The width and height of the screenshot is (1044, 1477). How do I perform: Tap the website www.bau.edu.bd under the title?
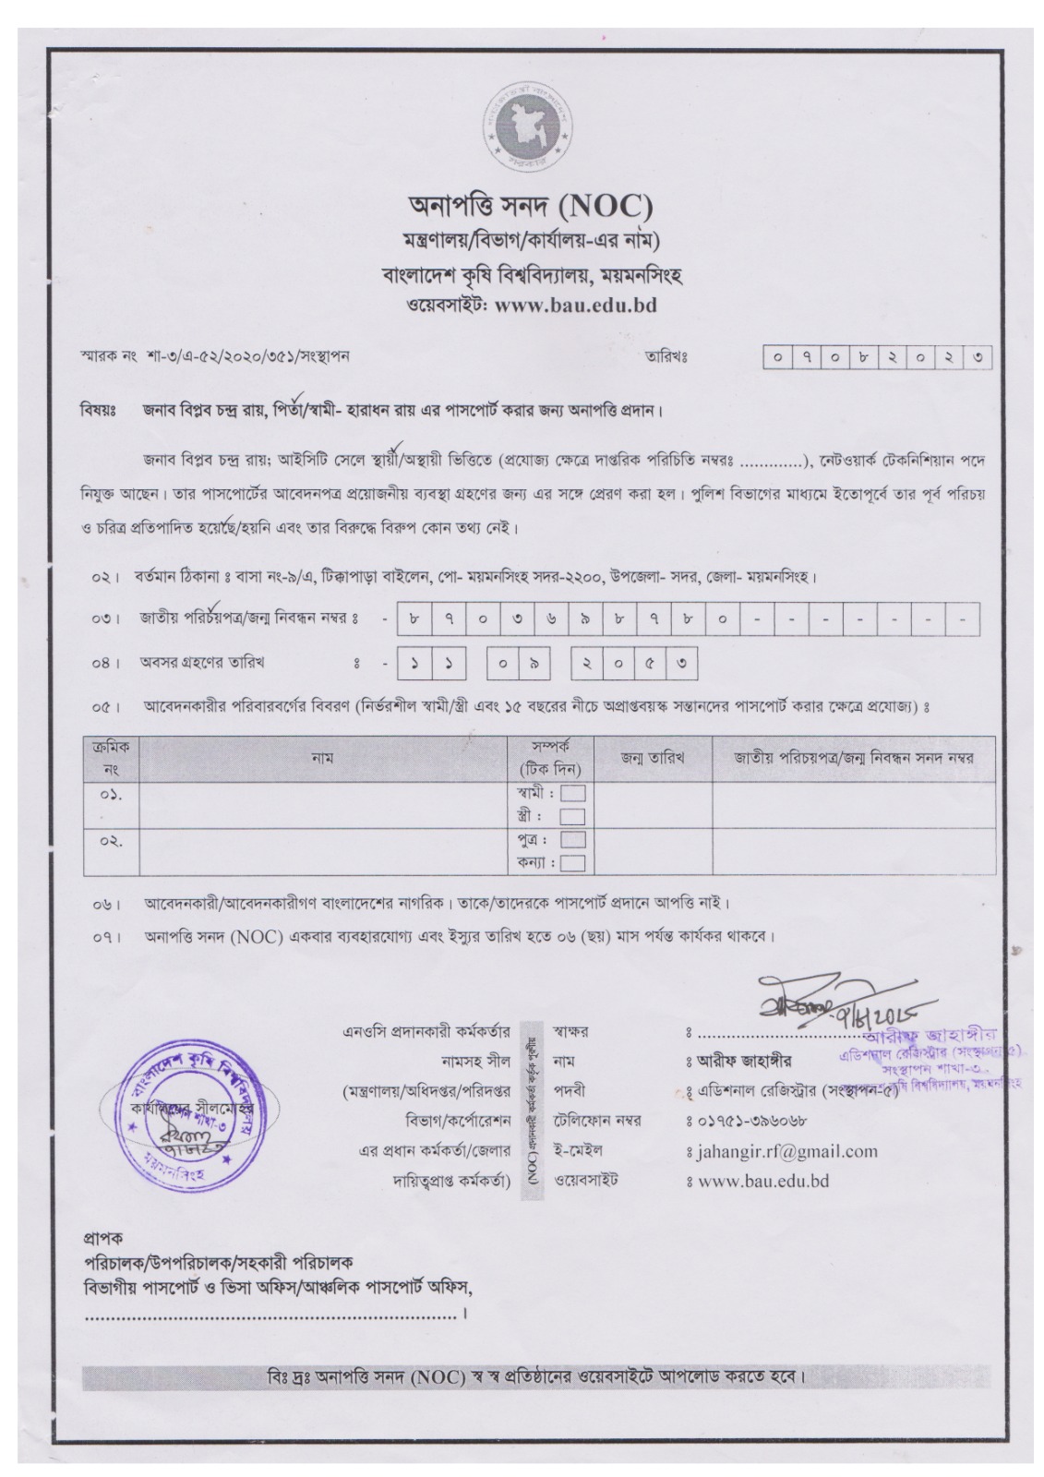pyautogui.click(x=576, y=306)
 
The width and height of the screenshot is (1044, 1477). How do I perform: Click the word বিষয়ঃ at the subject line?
pyautogui.click(x=95, y=409)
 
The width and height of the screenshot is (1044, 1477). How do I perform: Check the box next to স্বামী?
pyautogui.click(x=572, y=793)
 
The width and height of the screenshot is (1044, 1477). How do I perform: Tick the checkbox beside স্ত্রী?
pyautogui.click(x=572, y=816)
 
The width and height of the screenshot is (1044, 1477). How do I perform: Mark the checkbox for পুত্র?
pyautogui.click(x=572, y=840)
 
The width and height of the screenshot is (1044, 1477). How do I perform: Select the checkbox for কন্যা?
pyautogui.click(x=572, y=863)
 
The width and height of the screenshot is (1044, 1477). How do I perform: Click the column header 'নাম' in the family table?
pyautogui.click(x=322, y=758)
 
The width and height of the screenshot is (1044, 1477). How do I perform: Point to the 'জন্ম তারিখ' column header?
pyautogui.click(x=652, y=758)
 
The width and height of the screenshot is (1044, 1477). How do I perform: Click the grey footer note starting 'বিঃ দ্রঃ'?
pyautogui.click(x=535, y=1378)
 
